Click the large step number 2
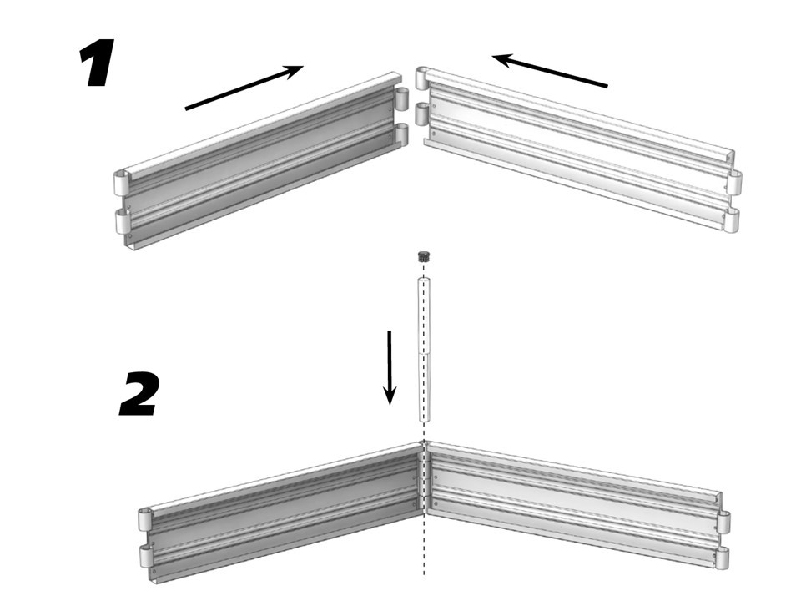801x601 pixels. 139,393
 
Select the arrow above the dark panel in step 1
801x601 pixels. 244,88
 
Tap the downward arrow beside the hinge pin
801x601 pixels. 390,367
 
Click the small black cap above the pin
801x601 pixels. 423,255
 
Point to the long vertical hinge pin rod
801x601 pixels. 424,350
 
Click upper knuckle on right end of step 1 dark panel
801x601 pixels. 403,99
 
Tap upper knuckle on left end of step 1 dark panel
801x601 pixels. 122,183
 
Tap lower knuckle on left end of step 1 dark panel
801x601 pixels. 124,221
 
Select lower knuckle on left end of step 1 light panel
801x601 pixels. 422,114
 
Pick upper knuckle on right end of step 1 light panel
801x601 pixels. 734,182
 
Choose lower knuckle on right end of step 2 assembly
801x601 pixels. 724,558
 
